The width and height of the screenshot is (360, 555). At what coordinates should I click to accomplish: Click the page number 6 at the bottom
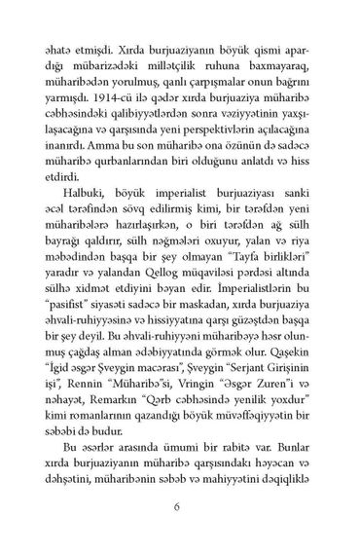[x=180, y=507]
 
